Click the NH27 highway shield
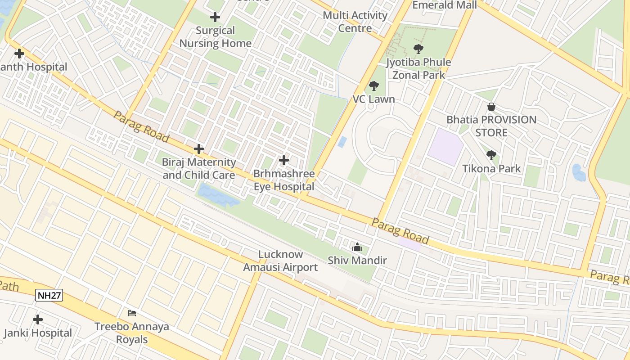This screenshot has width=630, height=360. pos(49,295)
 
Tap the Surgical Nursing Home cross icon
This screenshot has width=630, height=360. pos(215,18)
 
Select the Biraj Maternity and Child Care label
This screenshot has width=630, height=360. pos(199,168)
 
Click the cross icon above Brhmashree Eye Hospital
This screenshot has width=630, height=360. pos(284,160)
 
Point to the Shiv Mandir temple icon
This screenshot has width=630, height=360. pos(357,247)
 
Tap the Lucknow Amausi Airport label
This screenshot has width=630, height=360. pos(280,261)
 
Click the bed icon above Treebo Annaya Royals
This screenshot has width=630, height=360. pos(132,313)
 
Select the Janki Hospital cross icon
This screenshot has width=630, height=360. pos(38,319)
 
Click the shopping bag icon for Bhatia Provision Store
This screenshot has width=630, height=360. pos(491,107)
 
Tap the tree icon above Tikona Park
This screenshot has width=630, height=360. pos(491,155)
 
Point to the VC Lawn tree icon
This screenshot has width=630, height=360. pos(373,85)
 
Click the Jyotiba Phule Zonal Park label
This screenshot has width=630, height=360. pos(418,68)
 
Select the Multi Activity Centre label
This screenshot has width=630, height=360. pos(355,22)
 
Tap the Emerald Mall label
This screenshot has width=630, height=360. pos(445,5)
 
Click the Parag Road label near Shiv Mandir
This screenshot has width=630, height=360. pos(400,230)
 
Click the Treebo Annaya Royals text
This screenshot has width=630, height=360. pos(132,333)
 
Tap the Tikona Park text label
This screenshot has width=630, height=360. pos(491,169)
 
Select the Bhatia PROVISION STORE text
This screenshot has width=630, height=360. pos(491,126)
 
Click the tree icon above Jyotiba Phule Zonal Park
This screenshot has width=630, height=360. pos(418,49)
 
